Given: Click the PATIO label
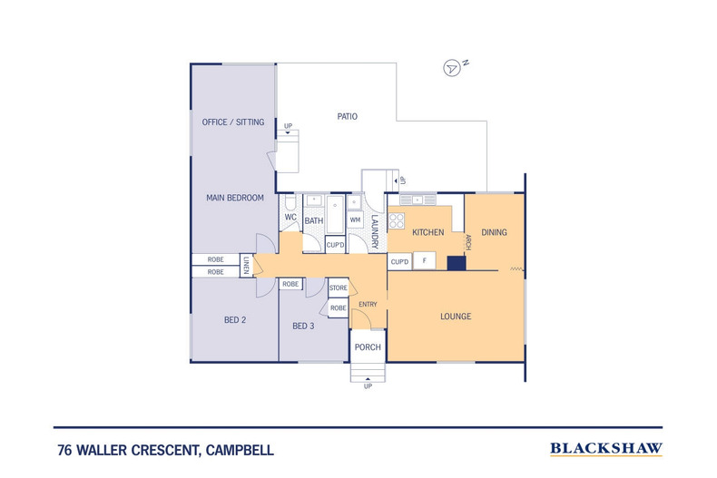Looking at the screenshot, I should (x=347, y=116).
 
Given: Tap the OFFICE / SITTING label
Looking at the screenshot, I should (x=232, y=122).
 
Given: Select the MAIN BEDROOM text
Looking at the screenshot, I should (x=234, y=198).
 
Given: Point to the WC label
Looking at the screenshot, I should (x=290, y=219).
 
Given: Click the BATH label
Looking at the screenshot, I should (x=314, y=220).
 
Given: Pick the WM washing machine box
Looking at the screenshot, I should (x=355, y=219).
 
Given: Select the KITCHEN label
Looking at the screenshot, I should (x=427, y=232).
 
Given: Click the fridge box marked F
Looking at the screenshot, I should (x=426, y=262).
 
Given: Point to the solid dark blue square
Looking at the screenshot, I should (x=457, y=263).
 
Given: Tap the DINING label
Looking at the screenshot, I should (x=494, y=232).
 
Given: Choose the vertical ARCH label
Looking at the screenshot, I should (x=468, y=242).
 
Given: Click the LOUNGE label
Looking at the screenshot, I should (x=455, y=316).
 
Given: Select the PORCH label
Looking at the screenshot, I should (x=368, y=347).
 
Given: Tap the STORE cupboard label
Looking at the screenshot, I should (x=338, y=288).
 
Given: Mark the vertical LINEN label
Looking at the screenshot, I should (x=245, y=265).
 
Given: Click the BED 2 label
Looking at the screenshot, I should (x=235, y=319).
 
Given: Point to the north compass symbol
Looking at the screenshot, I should (x=451, y=68).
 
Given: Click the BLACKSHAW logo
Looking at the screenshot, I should (x=606, y=448).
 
